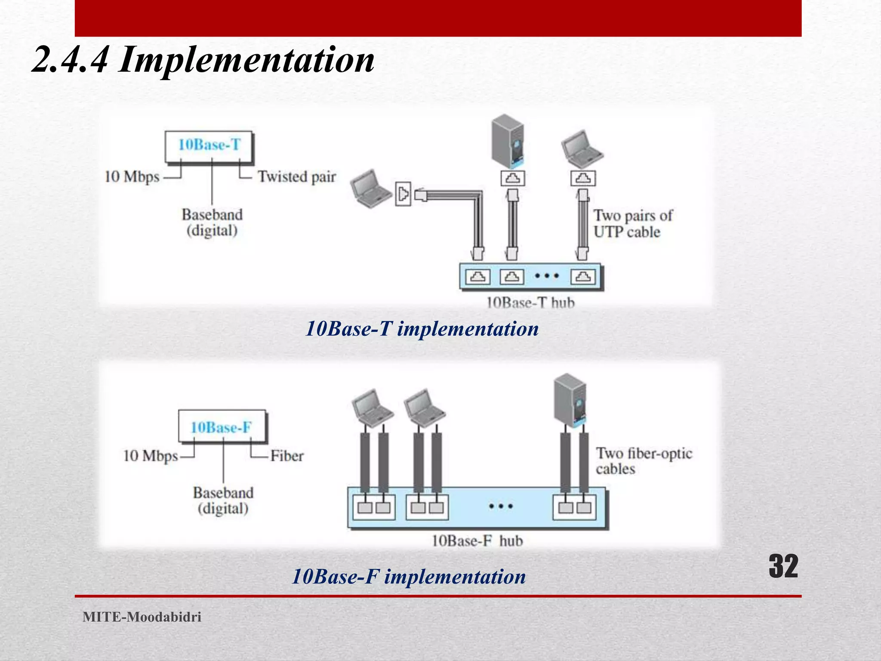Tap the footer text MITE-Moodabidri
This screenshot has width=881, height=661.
click(142, 617)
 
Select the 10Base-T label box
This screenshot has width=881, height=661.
click(209, 145)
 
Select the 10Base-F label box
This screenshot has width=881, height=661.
click(222, 427)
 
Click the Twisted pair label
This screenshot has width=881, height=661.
click(297, 177)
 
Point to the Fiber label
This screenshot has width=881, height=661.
click(287, 456)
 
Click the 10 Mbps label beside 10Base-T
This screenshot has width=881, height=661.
click(132, 177)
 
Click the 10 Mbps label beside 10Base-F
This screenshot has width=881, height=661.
click(150, 456)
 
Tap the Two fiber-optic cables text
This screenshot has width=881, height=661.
click(643, 461)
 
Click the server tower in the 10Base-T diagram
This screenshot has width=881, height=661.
click(508, 141)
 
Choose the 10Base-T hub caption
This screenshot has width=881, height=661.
click(530, 303)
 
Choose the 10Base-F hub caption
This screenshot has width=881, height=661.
click(477, 541)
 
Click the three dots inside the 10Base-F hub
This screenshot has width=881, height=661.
click(501, 507)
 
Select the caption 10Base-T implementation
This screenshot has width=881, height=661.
click(422, 329)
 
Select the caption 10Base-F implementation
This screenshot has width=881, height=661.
click(409, 577)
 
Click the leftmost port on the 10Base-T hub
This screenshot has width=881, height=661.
click(477, 277)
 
